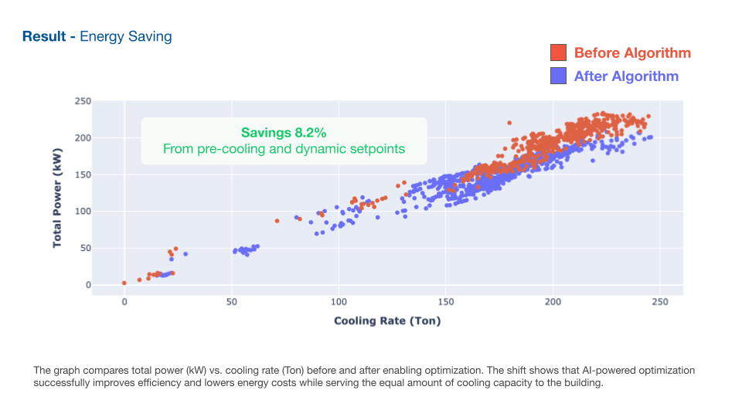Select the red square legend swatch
[x=559, y=53]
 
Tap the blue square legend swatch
[x=559, y=76]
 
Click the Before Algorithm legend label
[x=632, y=53]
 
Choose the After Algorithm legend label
[x=626, y=76]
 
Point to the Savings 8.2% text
[x=284, y=133]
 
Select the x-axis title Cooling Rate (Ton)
[x=387, y=320]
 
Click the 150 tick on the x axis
[x=445, y=301]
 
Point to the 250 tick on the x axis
[x=659, y=301]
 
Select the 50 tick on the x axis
[x=231, y=301]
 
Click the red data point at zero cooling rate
[x=124, y=283]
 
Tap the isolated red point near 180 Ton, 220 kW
[x=509, y=123]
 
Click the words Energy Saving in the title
[x=126, y=36]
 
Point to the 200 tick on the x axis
[x=552, y=301]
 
